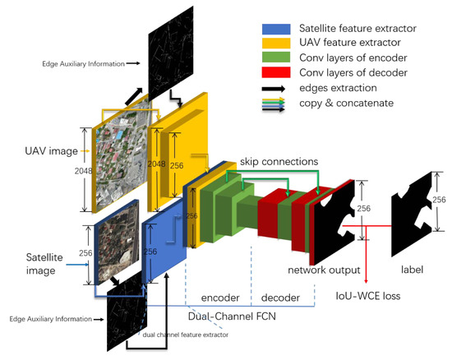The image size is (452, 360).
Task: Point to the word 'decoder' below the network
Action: click(x=269, y=294)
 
